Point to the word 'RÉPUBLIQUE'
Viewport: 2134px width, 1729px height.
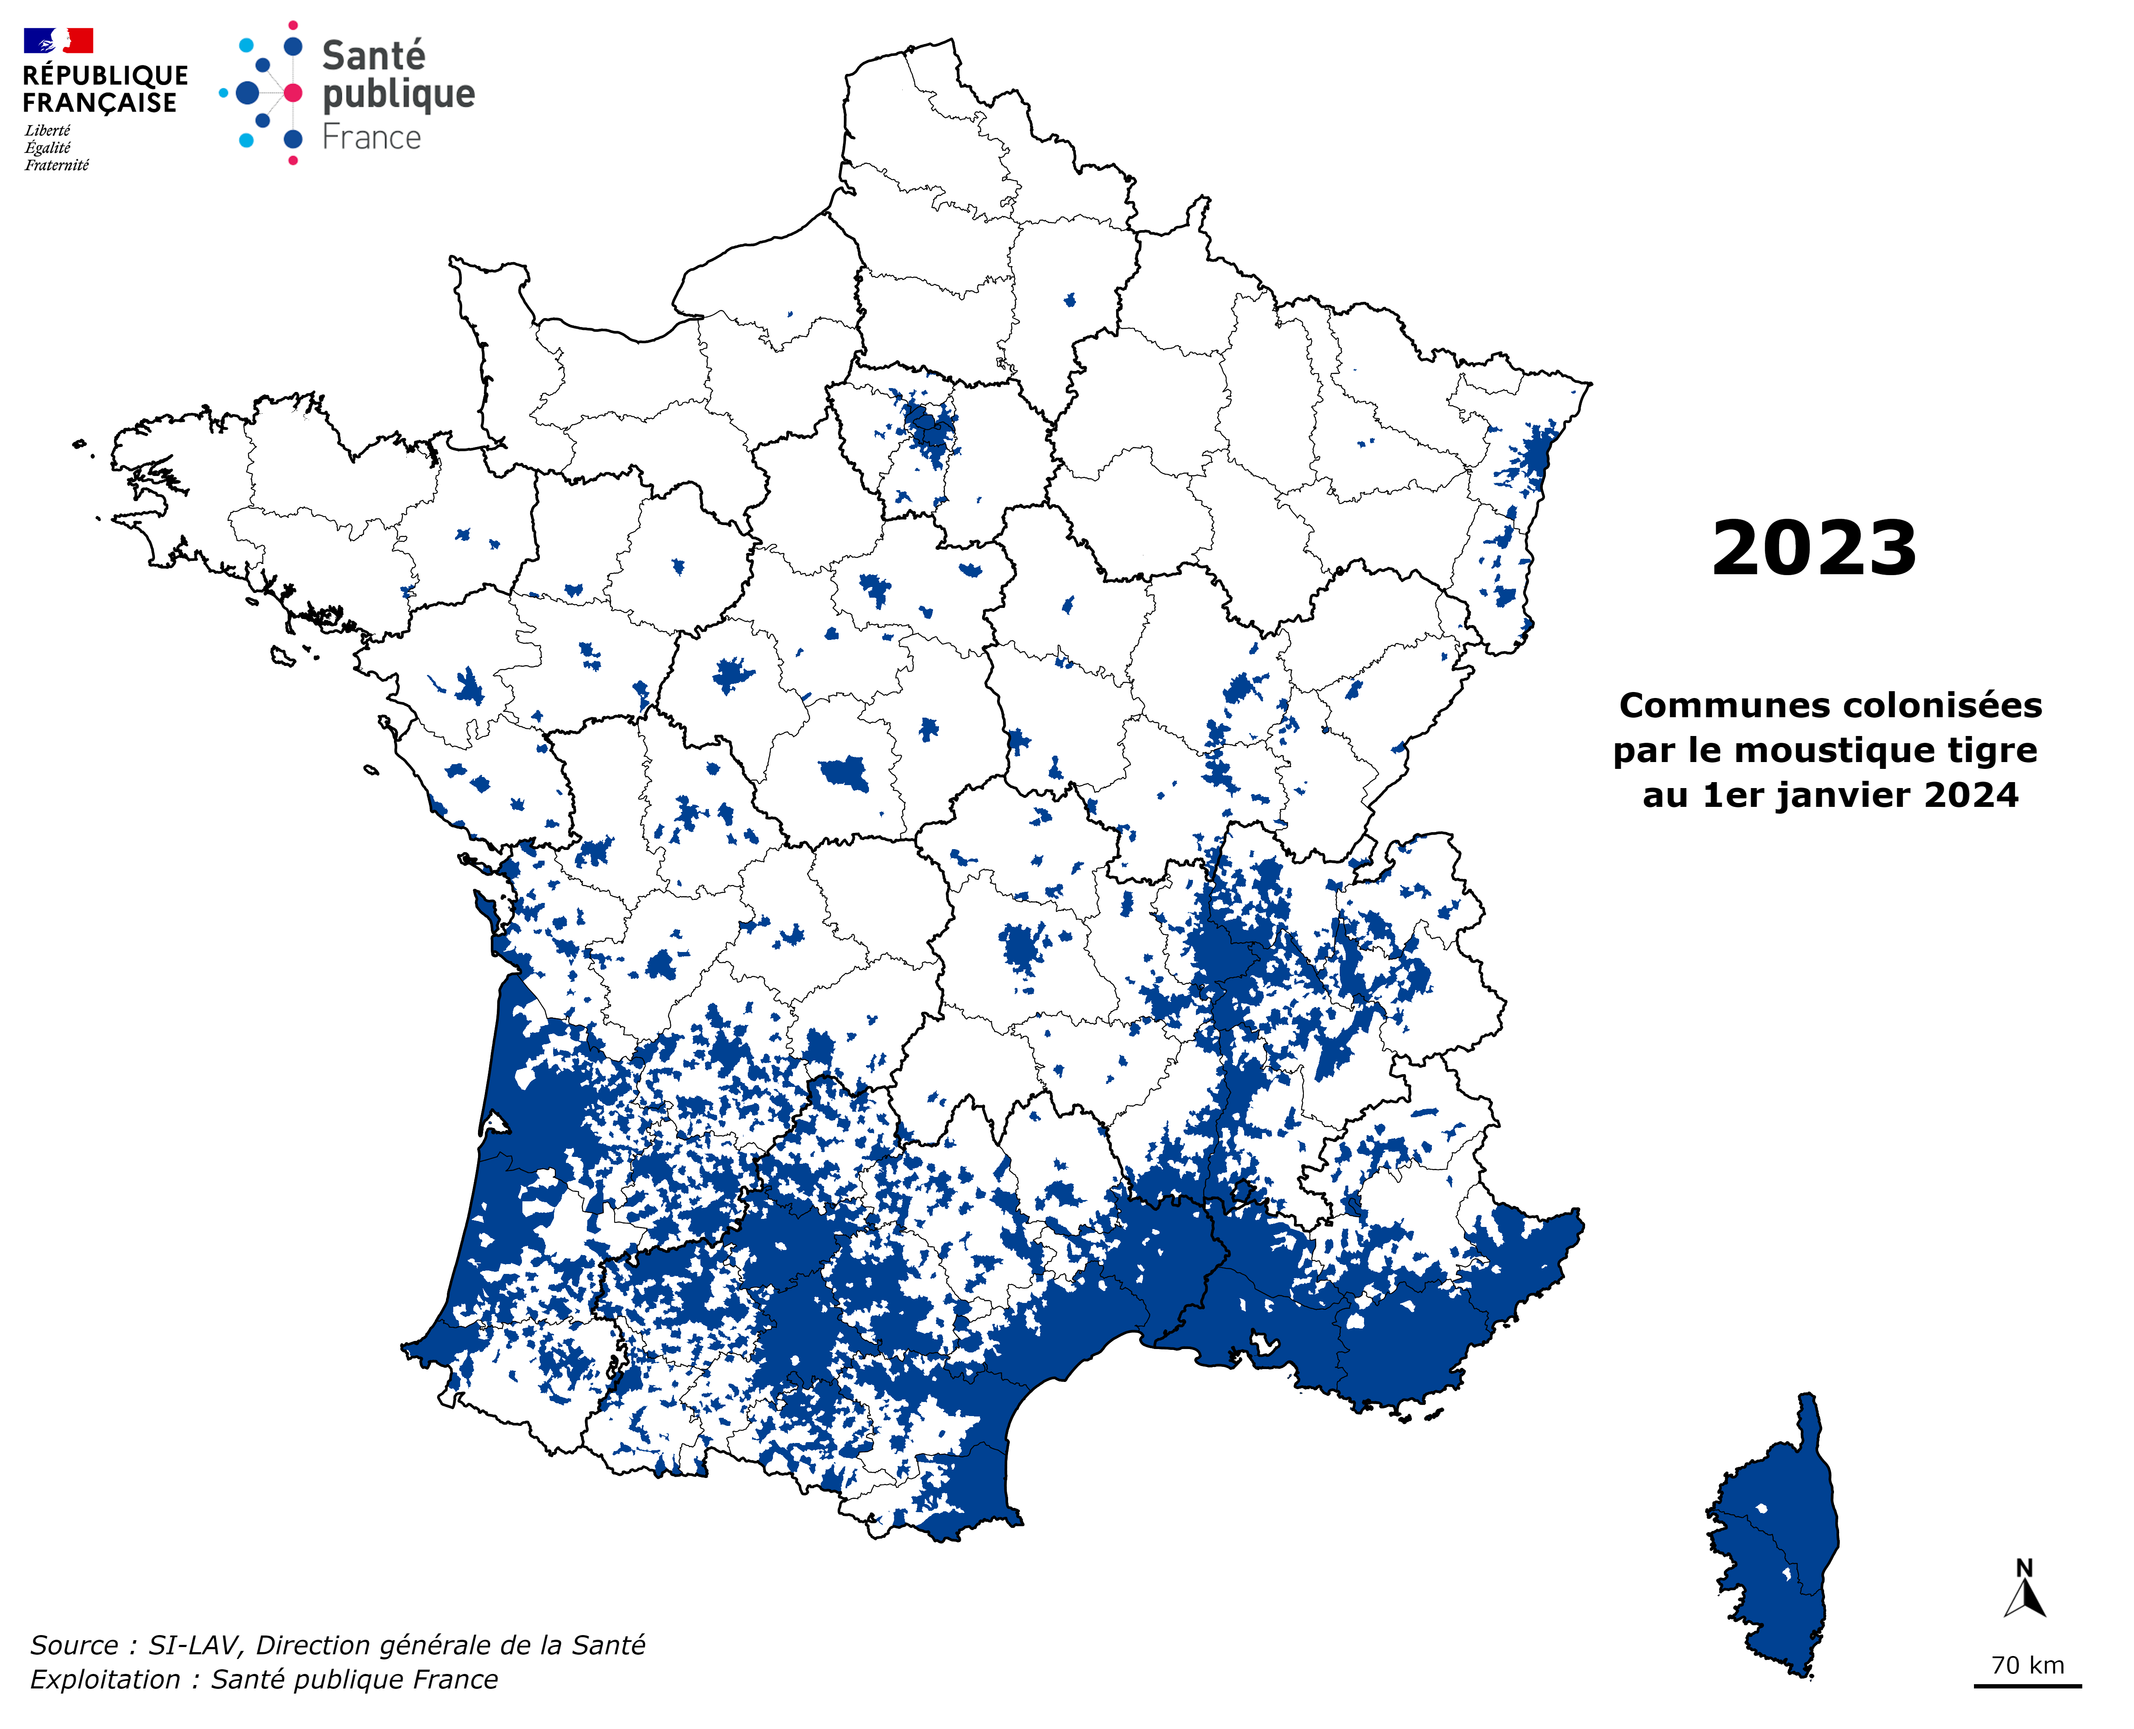(105, 76)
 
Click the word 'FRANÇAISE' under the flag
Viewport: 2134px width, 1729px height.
(99, 102)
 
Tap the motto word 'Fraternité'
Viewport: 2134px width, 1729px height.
(57, 165)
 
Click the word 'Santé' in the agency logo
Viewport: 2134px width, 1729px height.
(373, 56)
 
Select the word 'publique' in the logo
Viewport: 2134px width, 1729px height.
(398, 95)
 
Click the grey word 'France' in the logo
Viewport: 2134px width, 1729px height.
(371, 137)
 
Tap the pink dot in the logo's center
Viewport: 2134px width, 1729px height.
(293, 93)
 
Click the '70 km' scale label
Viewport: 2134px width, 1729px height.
(2027, 1665)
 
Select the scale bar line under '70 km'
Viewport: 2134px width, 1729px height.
(2027, 1686)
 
